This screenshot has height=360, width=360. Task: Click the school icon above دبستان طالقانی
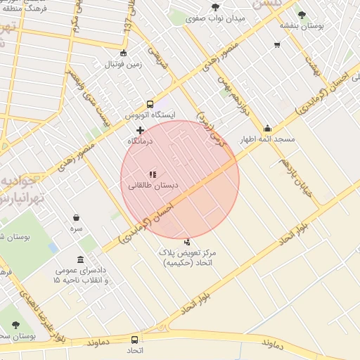pyautogui.click(x=153, y=174)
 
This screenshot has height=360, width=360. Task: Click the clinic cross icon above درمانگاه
pyautogui.click(x=140, y=130)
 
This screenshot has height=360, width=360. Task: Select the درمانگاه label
pyautogui.click(x=140, y=141)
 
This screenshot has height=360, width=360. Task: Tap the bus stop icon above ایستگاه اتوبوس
pyautogui.click(x=150, y=104)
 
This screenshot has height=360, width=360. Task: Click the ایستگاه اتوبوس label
pyautogui.click(x=150, y=114)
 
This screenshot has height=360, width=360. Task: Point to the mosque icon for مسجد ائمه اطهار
pyautogui.click(x=267, y=129)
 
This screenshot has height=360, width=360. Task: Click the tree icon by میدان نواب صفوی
pyautogui.click(x=215, y=7)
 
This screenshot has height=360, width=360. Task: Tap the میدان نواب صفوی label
pyautogui.click(x=214, y=18)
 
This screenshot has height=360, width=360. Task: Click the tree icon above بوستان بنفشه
pyautogui.click(x=302, y=14)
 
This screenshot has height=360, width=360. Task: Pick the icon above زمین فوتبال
pyautogui.click(x=124, y=53)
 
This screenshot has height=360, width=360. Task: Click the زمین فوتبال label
pyautogui.click(x=123, y=64)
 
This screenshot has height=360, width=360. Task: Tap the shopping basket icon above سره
pyautogui.click(x=76, y=218)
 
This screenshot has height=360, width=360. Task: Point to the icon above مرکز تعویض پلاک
pyautogui.click(x=186, y=242)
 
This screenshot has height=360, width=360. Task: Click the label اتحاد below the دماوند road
pyautogui.click(x=136, y=349)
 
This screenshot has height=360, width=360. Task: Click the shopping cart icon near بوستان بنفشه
pyautogui.click(x=277, y=44)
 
